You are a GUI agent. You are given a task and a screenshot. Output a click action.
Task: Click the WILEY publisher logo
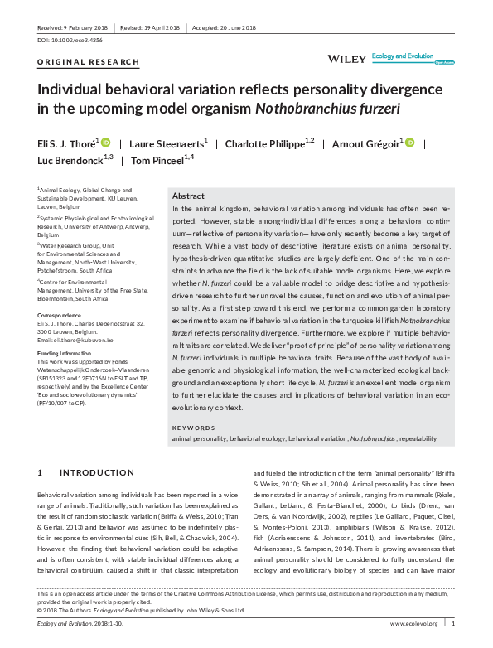(x=346, y=60)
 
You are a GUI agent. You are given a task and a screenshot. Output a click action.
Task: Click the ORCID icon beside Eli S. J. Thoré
(x=105, y=143)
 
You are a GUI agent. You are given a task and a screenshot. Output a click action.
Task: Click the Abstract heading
(x=189, y=196)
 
